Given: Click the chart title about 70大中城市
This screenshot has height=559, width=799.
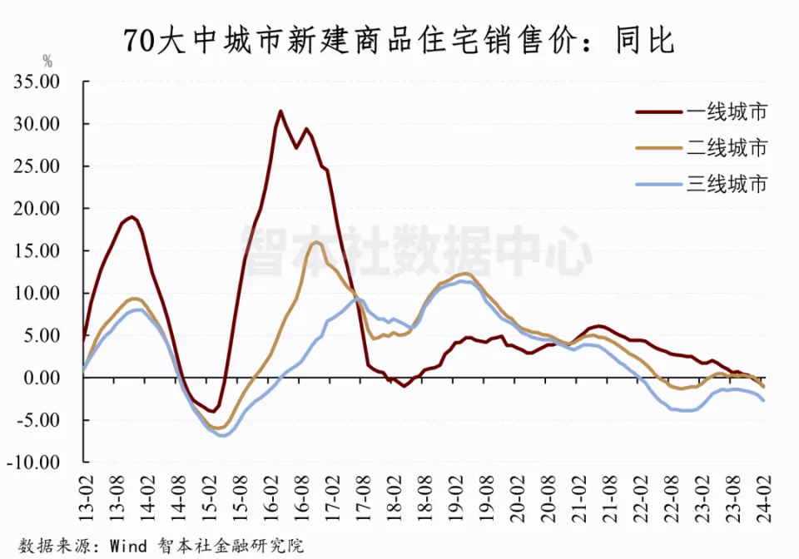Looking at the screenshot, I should [x=399, y=39].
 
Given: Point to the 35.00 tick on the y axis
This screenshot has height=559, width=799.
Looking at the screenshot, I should [x=39, y=82].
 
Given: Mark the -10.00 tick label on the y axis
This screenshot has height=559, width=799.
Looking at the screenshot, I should [x=37, y=463].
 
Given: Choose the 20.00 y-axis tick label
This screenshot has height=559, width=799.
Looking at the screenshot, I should [x=39, y=209].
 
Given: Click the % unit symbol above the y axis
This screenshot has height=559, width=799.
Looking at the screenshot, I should [x=47, y=61].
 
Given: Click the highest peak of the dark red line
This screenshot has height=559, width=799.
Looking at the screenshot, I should [x=280, y=111].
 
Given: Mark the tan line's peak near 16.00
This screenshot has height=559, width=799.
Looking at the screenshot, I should [x=316, y=242].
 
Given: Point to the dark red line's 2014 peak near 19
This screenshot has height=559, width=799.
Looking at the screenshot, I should [x=132, y=217].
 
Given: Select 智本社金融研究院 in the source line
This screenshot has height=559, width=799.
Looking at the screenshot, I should [x=230, y=546].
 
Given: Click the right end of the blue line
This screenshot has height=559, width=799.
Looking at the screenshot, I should [x=764, y=401].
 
